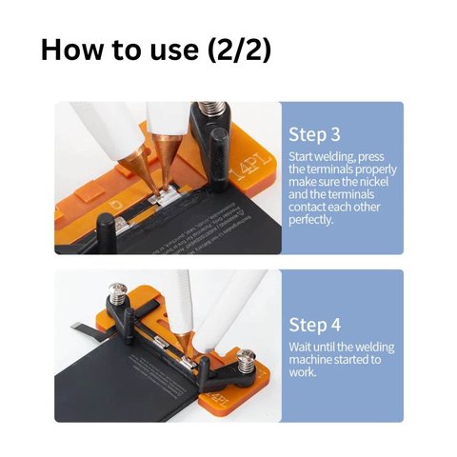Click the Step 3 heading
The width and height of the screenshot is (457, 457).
(314, 135)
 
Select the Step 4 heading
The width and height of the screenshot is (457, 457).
(314, 325)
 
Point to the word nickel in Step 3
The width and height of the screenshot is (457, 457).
(372, 182)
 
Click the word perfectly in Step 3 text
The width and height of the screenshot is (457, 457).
(311, 220)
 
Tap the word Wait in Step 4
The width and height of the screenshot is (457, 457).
(300, 347)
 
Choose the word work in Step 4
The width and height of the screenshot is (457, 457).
(303, 372)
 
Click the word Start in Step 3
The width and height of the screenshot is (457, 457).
(301, 157)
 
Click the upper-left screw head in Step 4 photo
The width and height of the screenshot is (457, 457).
(117, 288)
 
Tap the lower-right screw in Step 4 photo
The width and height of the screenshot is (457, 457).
(245, 361)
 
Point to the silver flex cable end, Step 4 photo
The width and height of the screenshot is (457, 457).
(76, 327)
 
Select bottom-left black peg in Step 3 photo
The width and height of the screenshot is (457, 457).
(106, 232)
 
